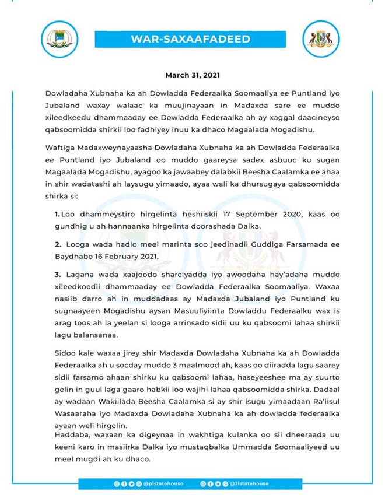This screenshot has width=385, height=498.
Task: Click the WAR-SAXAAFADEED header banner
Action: [191, 40]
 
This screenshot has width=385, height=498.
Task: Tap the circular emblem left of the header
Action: [59, 39]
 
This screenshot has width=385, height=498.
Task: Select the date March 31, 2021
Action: [192, 75]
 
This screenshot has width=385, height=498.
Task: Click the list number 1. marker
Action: [57, 214]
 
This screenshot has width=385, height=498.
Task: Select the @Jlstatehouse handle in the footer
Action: [246, 483]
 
